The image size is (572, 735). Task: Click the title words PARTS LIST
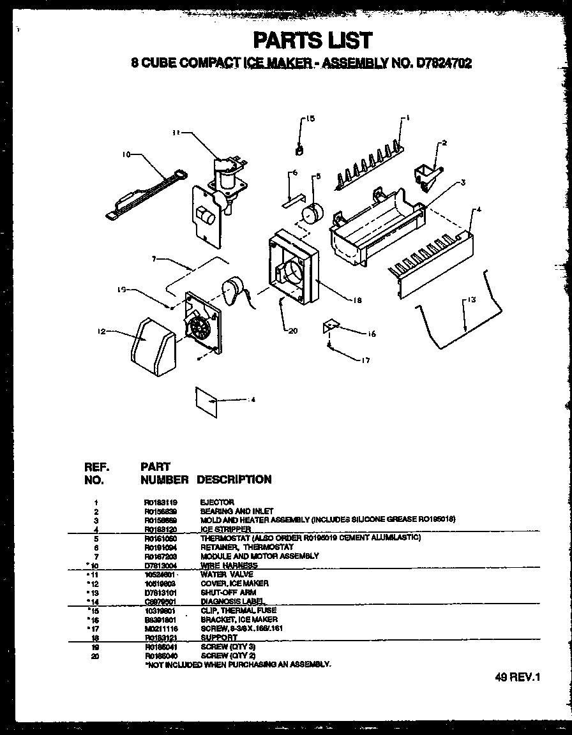click(x=313, y=40)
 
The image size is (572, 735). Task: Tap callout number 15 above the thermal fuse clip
click(x=310, y=119)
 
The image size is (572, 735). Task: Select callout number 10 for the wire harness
click(x=126, y=154)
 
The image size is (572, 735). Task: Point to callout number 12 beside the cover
click(x=102, y=331)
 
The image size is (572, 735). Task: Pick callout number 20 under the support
click(x=293, y=330)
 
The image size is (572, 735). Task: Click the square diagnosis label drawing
click(x=208, y=400)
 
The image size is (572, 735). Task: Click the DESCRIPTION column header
click(x=234, y=479)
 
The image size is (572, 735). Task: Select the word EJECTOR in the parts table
click(x=217, y=502)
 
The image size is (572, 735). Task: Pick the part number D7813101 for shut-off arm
click(x=159, y=592)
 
